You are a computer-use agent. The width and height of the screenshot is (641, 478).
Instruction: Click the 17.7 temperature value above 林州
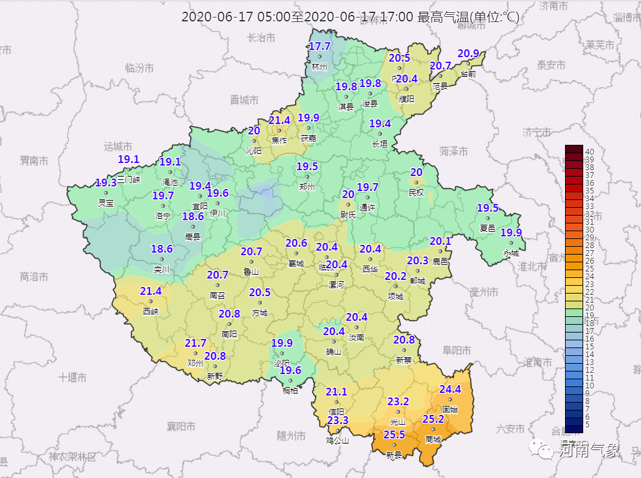tap(320, 47)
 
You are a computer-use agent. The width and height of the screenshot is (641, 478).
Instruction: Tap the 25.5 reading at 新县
tap(394, 434)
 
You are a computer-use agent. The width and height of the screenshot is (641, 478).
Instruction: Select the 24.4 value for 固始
tap(450, 389)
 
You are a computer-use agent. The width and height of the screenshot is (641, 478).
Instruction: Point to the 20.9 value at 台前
tap(468, 53)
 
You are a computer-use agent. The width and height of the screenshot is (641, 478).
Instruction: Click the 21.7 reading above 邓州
tap(195, 343)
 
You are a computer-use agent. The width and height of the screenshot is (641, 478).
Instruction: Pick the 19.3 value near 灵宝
tap(105, 182)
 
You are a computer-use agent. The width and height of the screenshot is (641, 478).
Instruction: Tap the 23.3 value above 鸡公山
tap(338, 420)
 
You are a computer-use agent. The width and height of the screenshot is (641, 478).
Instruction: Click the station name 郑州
tap(307, 187)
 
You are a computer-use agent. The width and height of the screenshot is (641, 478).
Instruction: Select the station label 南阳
tap(229, 334)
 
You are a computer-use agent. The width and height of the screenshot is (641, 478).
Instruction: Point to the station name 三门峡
tap(129, 179)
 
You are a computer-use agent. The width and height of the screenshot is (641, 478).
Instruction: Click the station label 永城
tap(511, 253)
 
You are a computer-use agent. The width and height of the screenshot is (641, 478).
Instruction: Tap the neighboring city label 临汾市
tap(139, 68)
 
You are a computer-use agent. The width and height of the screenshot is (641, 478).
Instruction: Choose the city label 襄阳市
tap(181, 426)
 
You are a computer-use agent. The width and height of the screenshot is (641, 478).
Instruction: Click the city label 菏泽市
tap(454, 151)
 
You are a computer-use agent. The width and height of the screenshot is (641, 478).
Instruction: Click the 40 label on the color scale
tap(589, 151)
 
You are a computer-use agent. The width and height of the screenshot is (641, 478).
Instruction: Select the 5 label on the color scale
tap(587, 425)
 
